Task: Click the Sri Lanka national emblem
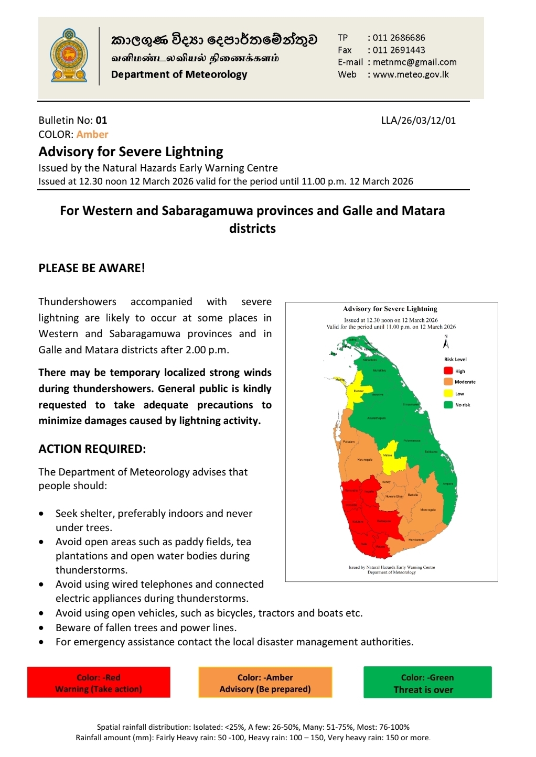point(69,57)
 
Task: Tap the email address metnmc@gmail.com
point(414,62)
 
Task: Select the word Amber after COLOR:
point(92,134)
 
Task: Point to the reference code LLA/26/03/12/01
point(418,121)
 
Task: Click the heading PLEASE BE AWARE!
point(92,268)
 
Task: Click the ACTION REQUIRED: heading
point(92,449)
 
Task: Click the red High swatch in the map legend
point(448,371)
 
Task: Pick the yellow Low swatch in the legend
point(448,393)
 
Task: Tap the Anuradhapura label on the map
point(377,418)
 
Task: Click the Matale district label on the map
point(388,455)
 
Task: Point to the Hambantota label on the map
point(416,539)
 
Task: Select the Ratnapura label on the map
point(384,521)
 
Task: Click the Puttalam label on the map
point(349,441)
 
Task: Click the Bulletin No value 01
point(101,121)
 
